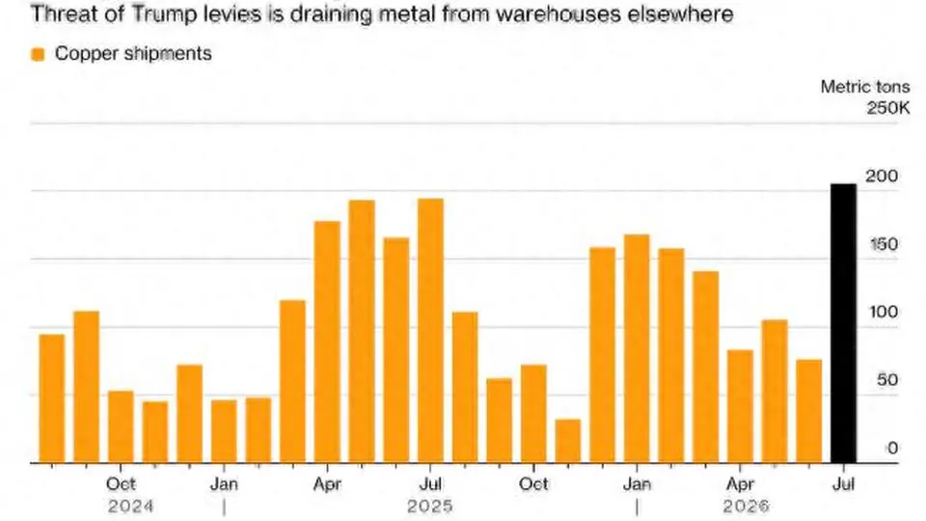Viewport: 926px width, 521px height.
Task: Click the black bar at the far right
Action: pos(843,323)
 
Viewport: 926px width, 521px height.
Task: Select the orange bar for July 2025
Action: pos(430,331)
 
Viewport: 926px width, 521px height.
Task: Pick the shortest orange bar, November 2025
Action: pos(568,441)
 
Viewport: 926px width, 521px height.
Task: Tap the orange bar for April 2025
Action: pos(327,342)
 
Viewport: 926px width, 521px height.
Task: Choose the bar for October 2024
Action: pos(122,427)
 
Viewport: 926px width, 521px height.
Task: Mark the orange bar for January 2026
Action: pos(637,348)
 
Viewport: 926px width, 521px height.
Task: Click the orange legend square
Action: pos(38,54)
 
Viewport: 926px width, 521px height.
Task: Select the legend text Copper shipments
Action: pos(133,54)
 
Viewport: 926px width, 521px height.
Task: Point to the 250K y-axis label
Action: pos(888,108)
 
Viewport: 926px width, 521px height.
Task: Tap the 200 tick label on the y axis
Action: pos(882,176)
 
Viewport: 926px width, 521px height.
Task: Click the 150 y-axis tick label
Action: pos(885,244)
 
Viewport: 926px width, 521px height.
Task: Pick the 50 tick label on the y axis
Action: pos(887,380)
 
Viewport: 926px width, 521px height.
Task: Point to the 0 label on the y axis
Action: pos(892,448)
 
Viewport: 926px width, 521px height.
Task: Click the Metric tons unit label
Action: pos(865,87)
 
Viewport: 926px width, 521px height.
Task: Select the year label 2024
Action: pos(130,507)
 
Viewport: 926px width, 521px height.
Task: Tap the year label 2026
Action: pos(747,507)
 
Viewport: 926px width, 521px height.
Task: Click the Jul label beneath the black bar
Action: pos(843,483)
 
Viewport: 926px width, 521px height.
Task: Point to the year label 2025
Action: pos(430,507)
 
